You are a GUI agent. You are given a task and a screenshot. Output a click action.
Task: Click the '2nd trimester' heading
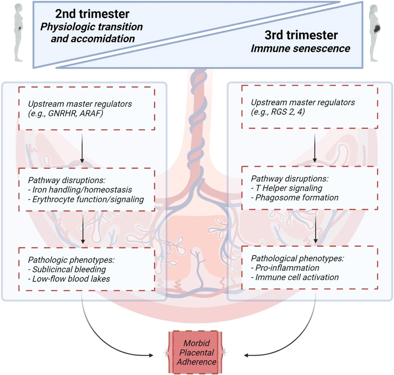point(92,14)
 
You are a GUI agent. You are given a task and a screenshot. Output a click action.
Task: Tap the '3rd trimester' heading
point(301,35)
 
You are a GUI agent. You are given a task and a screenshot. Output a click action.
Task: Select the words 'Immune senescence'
point(300,49)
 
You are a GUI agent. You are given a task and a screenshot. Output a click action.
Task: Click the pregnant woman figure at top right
point(375,33)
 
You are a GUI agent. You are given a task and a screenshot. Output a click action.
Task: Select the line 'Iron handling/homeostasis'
point(82,190)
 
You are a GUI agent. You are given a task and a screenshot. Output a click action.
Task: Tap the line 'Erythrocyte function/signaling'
point(88,199)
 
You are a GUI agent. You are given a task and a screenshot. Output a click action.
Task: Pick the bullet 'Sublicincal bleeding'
point(69,269)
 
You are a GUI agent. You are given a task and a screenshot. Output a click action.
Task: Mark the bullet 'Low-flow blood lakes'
point(71,279)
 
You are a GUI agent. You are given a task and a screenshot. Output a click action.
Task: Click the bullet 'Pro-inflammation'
point(287,268)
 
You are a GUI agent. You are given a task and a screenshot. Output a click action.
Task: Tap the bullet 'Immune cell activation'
point(297,277)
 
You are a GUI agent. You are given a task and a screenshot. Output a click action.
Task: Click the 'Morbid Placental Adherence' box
point(196,352)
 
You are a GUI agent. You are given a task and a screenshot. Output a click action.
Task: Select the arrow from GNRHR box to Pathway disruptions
point(82,148)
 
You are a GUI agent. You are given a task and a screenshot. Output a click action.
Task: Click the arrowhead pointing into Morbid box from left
point(151,355)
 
